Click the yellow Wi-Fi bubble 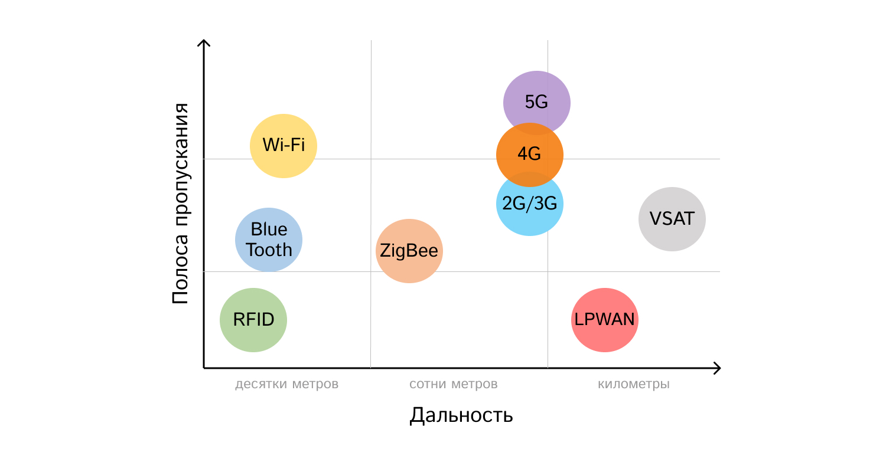pyautogui.click(x=284, y=145)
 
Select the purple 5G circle pyautogui.click(x=537, y=101)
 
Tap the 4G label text pyautogui.click(x=529, y=155)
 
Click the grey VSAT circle pyautogui.click(x=672, y=219)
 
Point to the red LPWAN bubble pyautogui.click(x=605, y=320)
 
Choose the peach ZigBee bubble pyautogui.click(x=409, y=251)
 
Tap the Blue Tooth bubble pyautogui.click(x=269, y=240)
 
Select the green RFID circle pyautogui.click(x=253, y=320)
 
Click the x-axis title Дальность pyautogui.click(x=461, y=415)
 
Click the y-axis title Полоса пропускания pyautogui.click(x=181, y=204)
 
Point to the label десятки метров pyautogui.click(x=286, y=385)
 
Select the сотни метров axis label pyautogui.click(x=454, y=385)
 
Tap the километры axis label pyautogui.click(x=634, y=385)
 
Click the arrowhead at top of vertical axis pyautogui.click(x=204, y=43)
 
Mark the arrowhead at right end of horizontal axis pyautogui.click(x=717, y=368)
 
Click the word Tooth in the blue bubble pyautogui.click(x=269, y=250)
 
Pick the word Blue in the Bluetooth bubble pyautogui.click(x=269, y=229)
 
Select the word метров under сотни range pyautogui.click(x=474, y=385)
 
